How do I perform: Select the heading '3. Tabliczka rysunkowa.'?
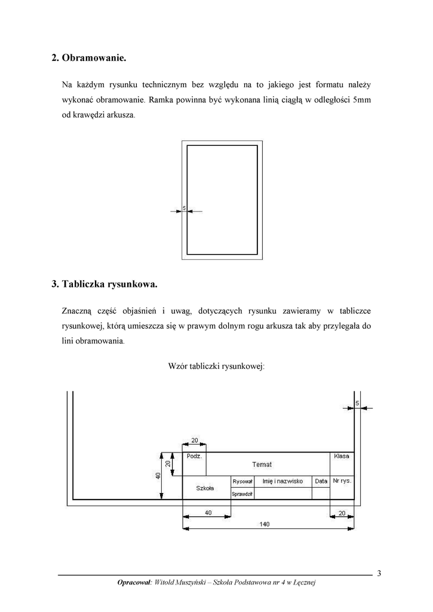coord(104,284)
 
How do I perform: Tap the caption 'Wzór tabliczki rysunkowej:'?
coord(216,366)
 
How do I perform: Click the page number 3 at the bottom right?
coord(379,574)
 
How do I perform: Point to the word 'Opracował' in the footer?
coord(134,583)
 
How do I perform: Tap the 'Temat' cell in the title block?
coord(262,464)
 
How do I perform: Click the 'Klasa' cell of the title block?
coord(342,456)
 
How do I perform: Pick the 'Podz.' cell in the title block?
coord(194,456)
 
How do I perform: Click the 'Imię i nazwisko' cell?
coord(282,481)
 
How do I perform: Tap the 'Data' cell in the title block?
coord(321,481)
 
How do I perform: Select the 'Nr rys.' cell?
coord(342,481)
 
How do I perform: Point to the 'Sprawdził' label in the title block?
coord(242,494)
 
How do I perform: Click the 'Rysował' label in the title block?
coord(242,481)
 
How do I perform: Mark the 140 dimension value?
coord(265,524)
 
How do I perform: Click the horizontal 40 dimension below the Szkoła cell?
coord(206,512)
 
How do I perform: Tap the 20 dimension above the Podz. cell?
coord(195,440)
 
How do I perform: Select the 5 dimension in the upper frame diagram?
coord(184,208)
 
